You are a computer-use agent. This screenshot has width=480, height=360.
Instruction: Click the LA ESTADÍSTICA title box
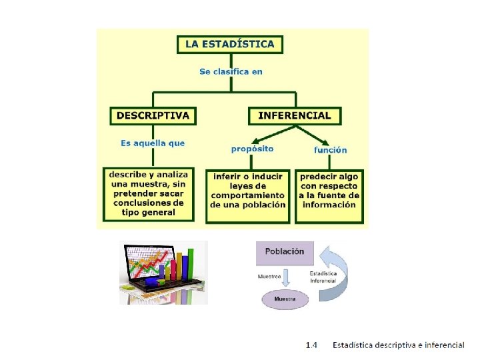tap(229, 44)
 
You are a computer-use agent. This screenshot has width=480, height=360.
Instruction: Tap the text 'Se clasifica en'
tap(231, 71)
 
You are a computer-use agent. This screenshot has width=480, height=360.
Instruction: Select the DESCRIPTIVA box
tap(153, 115)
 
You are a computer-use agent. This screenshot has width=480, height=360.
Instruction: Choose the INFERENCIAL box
tap(294, 115)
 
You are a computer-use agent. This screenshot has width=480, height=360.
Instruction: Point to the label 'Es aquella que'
tap(153, 143)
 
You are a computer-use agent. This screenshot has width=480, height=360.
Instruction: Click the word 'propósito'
tap(252, 149)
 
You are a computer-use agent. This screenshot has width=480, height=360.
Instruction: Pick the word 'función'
tap(330, 150)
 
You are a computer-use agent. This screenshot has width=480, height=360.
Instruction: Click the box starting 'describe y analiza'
tap(149, 194)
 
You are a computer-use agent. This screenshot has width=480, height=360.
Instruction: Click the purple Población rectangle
tap(284, 252)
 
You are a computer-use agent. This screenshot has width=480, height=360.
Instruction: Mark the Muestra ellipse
tap(285, 300)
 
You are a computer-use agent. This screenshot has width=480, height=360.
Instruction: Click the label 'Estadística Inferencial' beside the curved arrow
tap(323, 277)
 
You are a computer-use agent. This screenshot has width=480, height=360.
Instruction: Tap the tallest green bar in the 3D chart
tap(192, 264)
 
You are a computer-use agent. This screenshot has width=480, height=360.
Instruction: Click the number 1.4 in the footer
tap(311, 345)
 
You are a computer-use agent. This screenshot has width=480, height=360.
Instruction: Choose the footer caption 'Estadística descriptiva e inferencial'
tap(399, 345)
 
